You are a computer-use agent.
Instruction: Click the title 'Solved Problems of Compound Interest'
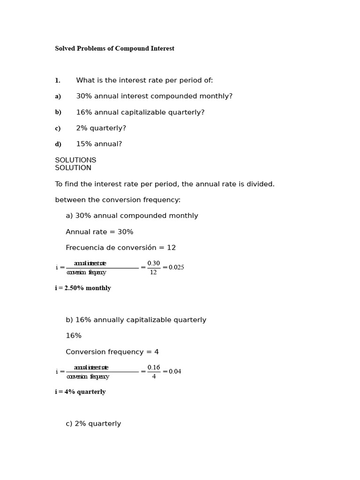pos(114,49)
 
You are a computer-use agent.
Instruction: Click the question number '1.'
pos(58,81)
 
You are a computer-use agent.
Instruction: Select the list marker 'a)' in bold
pos(58,97)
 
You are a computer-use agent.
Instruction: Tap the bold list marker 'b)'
pos(58,112)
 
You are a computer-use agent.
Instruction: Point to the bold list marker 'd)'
pos(58,144)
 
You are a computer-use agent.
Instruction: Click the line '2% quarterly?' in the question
pos(101,128)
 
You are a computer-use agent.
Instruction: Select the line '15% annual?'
pos(99,144)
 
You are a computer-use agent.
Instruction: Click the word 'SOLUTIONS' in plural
pos(75,160)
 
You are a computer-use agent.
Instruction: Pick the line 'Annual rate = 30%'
pos(99,232)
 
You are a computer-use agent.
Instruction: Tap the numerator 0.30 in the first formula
pos(153,263)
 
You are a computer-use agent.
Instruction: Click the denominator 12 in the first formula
pos(153,272)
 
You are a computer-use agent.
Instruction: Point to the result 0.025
pos(176,268)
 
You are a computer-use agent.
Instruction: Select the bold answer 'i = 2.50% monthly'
pos(83,288)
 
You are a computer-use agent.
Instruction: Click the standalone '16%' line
pos(74,336)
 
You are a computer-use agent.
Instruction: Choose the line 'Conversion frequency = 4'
pos(112,352)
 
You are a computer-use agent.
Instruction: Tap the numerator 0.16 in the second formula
pos(153,367)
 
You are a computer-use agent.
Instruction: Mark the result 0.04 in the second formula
pos(175,372)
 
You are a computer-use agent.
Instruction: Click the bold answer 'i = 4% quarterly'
pos(80,392)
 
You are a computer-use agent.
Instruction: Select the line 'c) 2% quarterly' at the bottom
pos(93,424)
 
